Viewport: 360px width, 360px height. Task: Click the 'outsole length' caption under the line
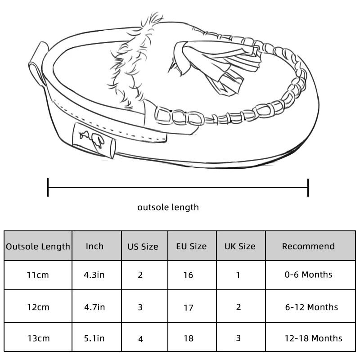(168, 207)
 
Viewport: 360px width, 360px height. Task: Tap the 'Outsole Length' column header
(38, 246)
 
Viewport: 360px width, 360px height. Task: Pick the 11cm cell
(38, 275)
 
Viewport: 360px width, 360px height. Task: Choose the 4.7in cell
(94, 307)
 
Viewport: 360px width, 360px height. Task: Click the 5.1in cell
(94, 338)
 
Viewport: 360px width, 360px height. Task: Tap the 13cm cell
(38, 338)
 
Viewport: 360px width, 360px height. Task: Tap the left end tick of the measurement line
(48, 187)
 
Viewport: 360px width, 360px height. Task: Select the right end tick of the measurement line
(308, 188)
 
